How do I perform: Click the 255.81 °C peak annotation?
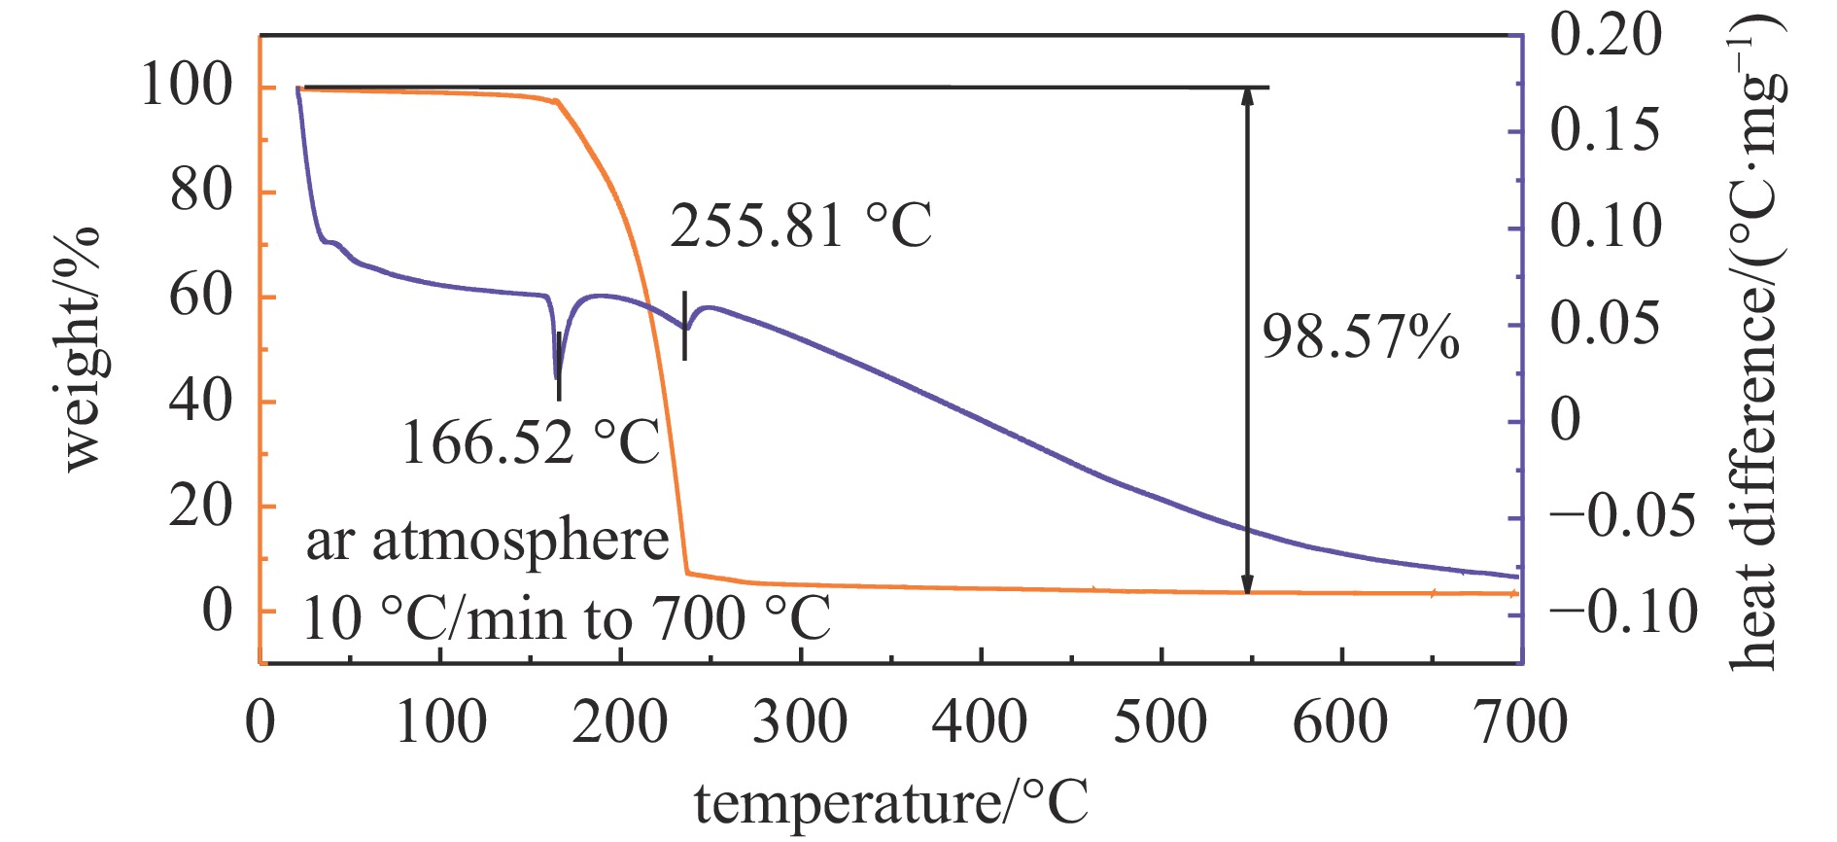point(800,226)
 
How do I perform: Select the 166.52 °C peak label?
point(530,442)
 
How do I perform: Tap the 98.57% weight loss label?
point(1360,338)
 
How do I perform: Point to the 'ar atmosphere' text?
point(487,541)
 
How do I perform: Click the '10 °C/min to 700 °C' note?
point(567,618)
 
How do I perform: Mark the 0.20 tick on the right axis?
point(1606,36)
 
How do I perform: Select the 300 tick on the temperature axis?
point(800,722)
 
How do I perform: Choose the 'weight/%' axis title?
point(82,350)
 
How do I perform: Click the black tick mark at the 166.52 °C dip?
point(559,366)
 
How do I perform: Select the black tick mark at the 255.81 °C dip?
point(685,326)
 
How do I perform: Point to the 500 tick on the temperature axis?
point(1161,722)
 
